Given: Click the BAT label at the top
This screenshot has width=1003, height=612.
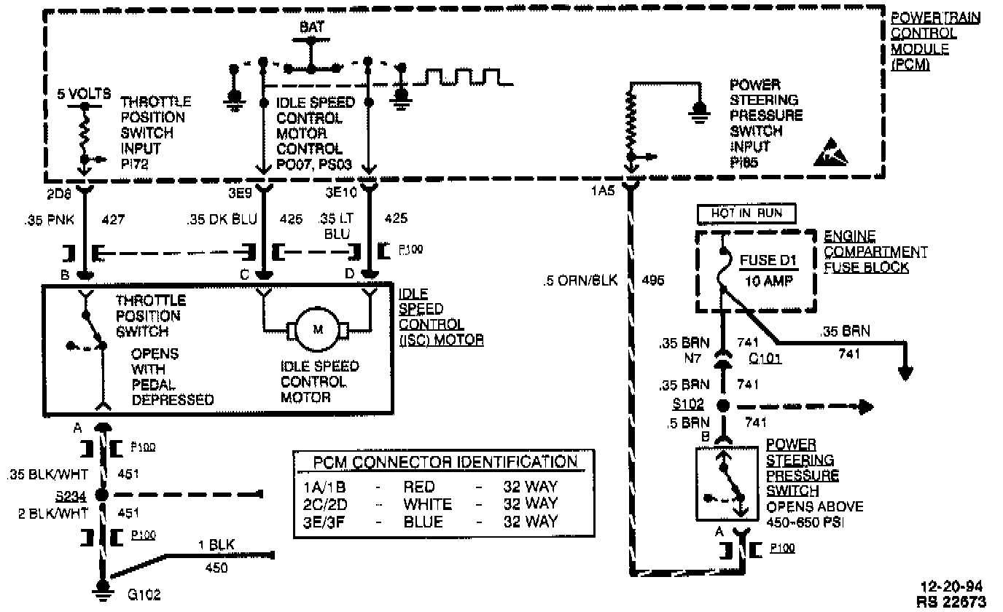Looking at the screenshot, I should pos(312,27).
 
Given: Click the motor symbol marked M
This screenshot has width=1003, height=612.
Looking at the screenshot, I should pos(318,329).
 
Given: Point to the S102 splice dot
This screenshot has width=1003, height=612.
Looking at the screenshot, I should pos(723,406).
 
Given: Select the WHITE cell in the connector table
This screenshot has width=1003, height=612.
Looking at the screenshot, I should pos(427,504).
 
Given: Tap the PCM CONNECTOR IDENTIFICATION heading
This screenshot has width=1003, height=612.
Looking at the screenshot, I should pos(445,463).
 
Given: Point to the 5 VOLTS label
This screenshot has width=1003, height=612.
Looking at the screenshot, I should pos(84,94).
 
